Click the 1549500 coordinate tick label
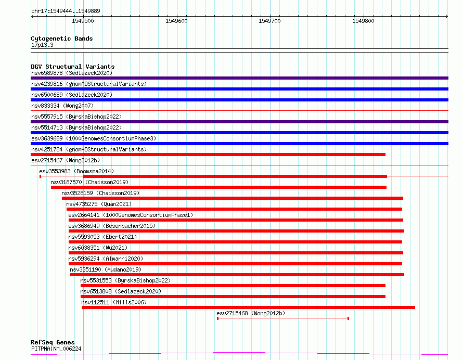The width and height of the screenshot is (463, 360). click(83, 21)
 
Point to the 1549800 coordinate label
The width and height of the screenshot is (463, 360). click(363, 21)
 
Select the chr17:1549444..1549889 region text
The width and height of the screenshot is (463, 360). click(66, 11)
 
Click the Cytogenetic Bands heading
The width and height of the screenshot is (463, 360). click(62, 38)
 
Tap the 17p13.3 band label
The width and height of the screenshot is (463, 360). click(42, 45)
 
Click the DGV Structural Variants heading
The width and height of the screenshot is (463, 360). click(73, 67)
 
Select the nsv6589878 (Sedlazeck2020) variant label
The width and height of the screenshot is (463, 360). click(72, 73)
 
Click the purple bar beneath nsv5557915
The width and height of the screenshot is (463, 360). click(239, 122)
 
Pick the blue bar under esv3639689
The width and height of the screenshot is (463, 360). click(239, 144)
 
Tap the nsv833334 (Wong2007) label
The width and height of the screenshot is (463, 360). click(62, 106)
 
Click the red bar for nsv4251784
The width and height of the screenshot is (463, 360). click(208, 155)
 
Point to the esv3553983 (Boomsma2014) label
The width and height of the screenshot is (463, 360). click(76, 171)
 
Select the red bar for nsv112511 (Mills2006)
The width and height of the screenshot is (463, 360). click(248, 307)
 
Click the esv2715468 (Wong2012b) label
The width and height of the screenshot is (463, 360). click(251, 313)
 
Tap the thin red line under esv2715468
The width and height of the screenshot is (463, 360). click(283, 318)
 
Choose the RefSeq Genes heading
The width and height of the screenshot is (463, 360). click(53, 342)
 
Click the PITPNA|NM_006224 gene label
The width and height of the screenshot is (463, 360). click(56, 349)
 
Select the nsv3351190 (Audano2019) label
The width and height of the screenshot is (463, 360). click(106, 269)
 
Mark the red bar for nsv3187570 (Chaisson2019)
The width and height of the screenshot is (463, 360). click(218, 187)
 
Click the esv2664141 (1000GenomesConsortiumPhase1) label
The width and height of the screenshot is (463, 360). click(131, 215)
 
